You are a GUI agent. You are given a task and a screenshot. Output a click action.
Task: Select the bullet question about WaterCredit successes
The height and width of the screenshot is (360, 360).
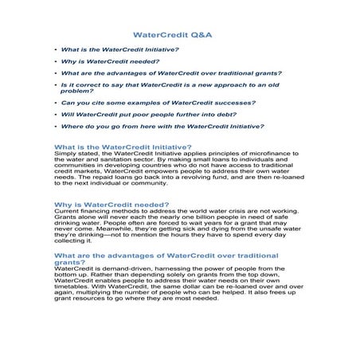tap(158, 102)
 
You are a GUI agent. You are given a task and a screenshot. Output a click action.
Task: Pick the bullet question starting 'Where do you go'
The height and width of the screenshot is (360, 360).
tap(162, 126)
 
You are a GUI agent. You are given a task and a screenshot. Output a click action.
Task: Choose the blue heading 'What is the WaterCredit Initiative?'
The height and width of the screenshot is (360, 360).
tap(122, 147)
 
